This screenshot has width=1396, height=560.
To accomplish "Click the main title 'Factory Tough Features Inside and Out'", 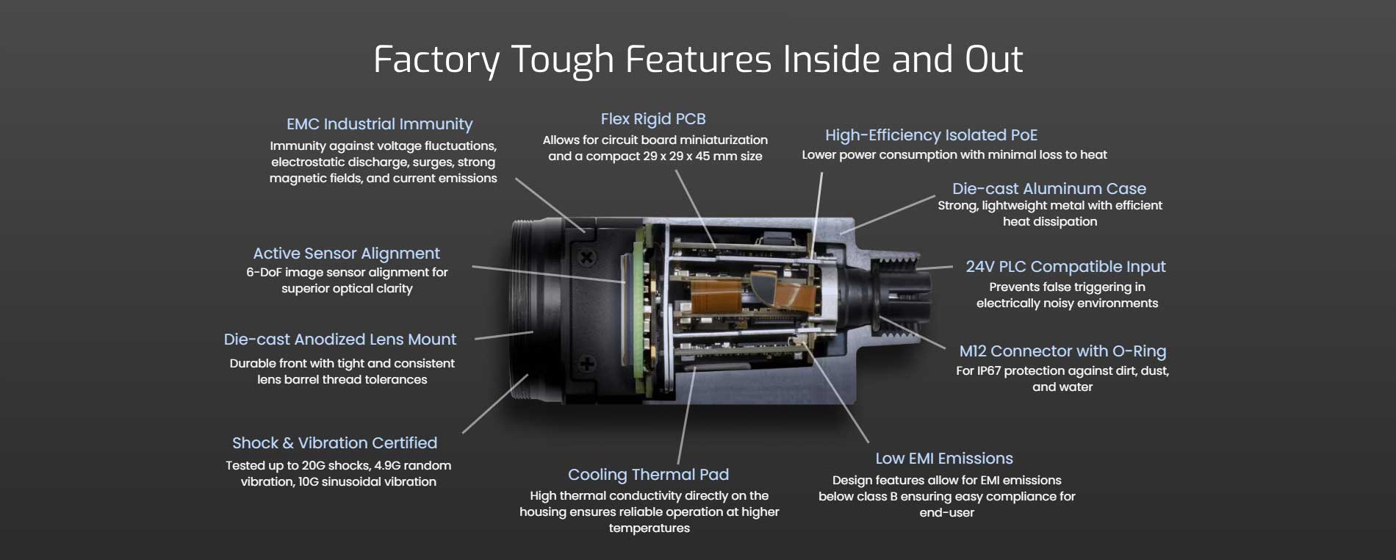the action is click(698, 60).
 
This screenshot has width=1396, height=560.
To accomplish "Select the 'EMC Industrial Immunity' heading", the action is click(379, 124).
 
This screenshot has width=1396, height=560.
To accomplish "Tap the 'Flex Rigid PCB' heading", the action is click(653, 119).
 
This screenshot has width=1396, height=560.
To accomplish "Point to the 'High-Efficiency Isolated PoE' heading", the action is click(931, 135).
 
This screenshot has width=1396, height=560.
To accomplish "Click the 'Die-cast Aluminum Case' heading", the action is click(1049, 189).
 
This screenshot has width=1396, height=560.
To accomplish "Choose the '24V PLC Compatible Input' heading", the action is click(1065, 267).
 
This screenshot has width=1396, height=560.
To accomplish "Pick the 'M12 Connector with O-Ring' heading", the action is click(1062, 351).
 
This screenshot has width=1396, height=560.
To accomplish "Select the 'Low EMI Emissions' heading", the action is click(944, 459).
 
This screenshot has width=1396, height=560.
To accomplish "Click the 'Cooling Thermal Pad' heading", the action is click(648, 475).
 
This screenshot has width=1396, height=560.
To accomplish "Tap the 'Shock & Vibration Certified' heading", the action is click(334, 443).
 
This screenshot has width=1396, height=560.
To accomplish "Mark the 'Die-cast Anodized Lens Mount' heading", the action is click(340, 340).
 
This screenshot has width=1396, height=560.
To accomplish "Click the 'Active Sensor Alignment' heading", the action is click(346, 254).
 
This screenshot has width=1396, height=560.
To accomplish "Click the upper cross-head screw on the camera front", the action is click(586, 257).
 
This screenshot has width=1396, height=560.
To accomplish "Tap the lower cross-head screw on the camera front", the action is click(587, 363).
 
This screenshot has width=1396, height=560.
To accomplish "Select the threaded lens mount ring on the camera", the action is click(523, 309).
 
